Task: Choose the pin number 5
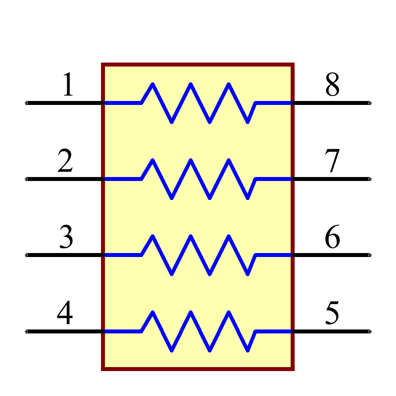click(332, 313)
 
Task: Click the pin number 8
click(332, 85)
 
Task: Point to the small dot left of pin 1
click(27, 103)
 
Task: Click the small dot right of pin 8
click(369, 103)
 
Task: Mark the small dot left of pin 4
click(27, 331)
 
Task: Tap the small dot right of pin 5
click(369, 331)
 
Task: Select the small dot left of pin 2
click(27, 179)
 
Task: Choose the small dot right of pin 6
click(369, 255)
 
